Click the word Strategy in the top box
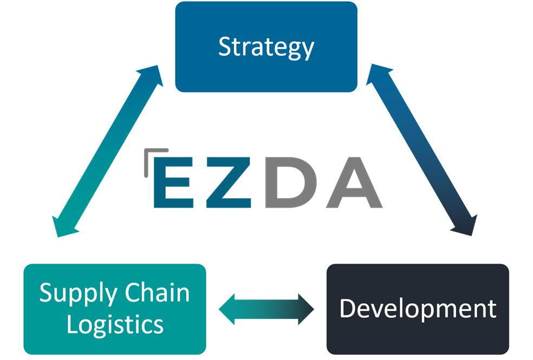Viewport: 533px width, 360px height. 266,47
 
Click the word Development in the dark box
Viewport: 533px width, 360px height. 418,308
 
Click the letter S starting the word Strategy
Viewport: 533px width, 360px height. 224,47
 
